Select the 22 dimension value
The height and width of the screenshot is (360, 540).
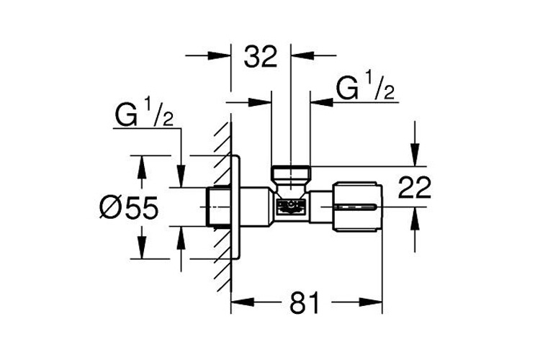tap(415, 188)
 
